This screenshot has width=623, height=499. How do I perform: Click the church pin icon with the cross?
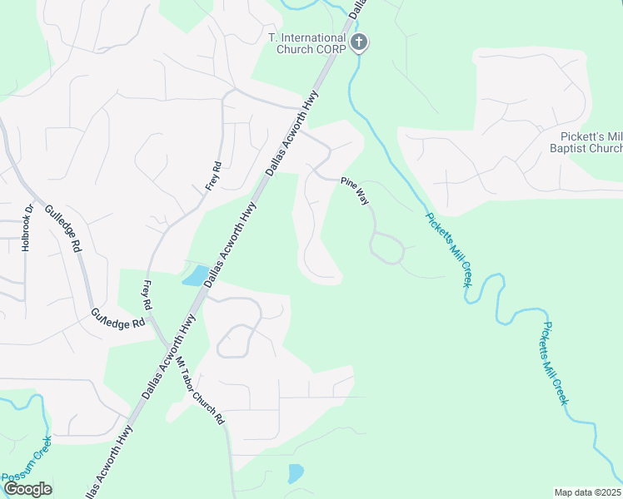[359, 42]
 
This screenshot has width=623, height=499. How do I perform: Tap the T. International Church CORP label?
[306, 43]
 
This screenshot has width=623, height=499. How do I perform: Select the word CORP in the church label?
[329, 49]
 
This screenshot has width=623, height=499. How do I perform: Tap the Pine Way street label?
[353, 190]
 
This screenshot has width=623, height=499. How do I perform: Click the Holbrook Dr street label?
[27, 228]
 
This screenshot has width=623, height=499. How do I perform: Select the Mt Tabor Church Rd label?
[200, 391]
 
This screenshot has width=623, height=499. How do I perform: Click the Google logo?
[27, 489]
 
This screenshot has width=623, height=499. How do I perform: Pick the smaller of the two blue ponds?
[295, 474]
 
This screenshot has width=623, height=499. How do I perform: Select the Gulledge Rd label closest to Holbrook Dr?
[63, 229]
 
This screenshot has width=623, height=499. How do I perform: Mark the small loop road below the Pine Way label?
[387, 249]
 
